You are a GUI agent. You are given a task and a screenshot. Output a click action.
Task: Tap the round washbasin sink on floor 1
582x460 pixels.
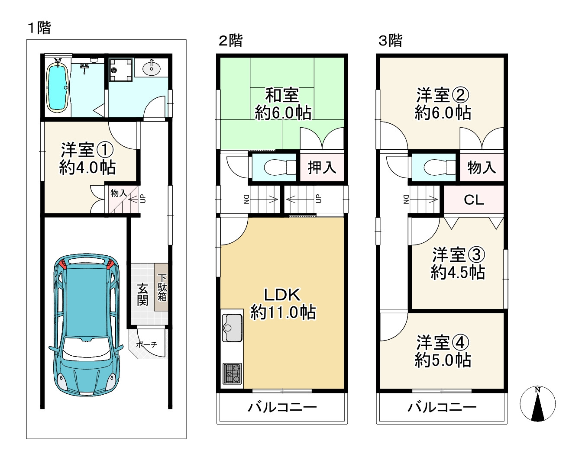pos(151,68)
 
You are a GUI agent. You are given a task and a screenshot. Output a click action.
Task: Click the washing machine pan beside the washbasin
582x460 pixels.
pos(121,70)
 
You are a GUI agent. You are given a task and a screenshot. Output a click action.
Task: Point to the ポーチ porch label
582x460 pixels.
pos(146,344)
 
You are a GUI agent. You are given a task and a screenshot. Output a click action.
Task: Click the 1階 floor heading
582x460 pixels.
pos(39,28)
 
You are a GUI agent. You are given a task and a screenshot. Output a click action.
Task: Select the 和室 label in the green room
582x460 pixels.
pos(282,95)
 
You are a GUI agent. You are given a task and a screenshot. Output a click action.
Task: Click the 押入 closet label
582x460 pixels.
pos(322,167)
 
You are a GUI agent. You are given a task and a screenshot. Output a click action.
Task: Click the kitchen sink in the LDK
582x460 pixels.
pos(232,328)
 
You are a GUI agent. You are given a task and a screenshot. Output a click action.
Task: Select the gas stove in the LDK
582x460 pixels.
pos(232,374)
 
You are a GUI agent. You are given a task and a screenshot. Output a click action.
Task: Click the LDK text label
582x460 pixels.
pos(282,295)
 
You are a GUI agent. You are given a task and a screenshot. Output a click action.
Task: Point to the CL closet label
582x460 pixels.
pos(474,200)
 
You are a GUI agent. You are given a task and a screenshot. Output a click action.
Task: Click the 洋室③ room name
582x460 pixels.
pos(459,254)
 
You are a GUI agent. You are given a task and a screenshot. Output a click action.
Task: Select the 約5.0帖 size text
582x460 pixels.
pos(443,360)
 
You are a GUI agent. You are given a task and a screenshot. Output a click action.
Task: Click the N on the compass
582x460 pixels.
pos(537,390)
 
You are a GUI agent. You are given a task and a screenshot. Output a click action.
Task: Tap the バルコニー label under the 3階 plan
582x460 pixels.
pos(442,407)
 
